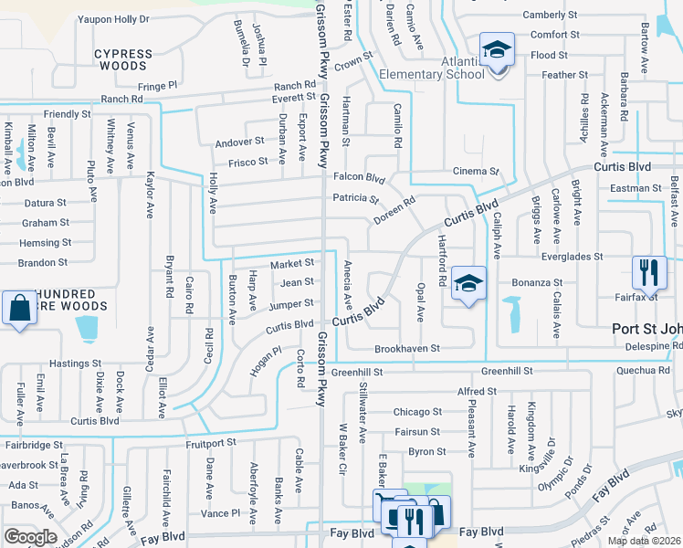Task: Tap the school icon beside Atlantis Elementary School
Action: tap(497, 49)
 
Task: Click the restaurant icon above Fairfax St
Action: tap(649, 271)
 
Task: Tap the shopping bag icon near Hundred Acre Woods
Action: tap(19, 308)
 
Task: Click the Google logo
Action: tap(30, 537)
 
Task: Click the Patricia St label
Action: tap(355, 198)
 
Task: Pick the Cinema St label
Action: tap(476, 171)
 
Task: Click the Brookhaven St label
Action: tap(407, 349)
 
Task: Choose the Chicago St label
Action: tap(417, 412)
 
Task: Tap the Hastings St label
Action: tap(68, 364)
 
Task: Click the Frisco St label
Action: tap(249, 162)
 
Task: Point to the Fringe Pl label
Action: tap(157, 85)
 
